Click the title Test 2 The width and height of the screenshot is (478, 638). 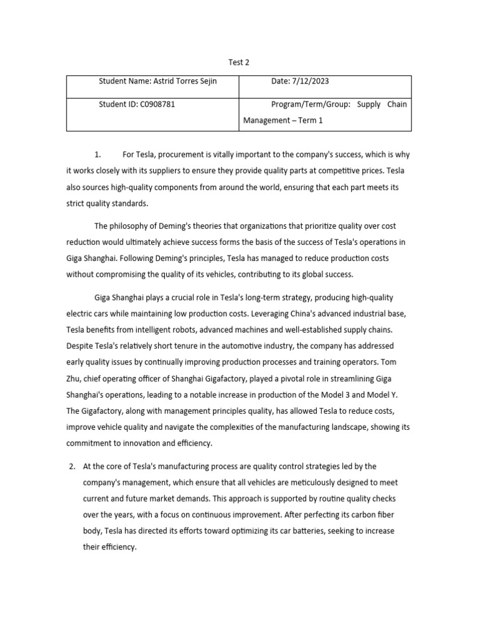(239, 62)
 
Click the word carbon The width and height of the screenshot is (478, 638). (356, 515)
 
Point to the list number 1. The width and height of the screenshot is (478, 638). (97, 155)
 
